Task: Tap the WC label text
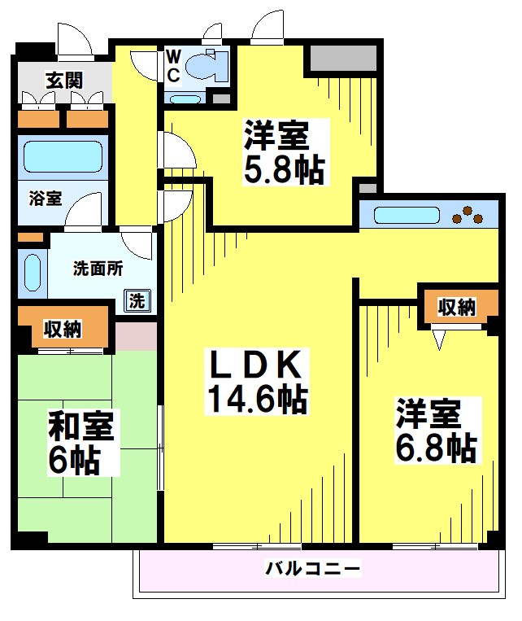point(174,63)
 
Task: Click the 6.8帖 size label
point(436,446)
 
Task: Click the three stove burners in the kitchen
point(468,216)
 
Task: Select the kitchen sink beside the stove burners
point(405,216)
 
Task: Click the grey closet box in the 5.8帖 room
point(342,58)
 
